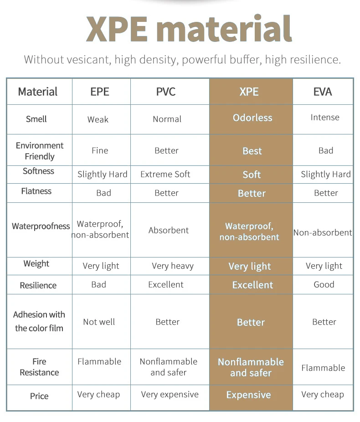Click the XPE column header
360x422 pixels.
pyautogui.click(x=249, y=92)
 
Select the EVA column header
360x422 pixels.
pyautogui.click(x=323, y=92)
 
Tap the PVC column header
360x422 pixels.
pyautogui.click(x=166, y=92)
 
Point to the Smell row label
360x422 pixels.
pyautogui.click(x=36, y=119)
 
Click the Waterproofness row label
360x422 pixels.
pyautogui.click(x=41, y=226)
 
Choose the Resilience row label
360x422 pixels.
pyautogui.click(x=38, y=285)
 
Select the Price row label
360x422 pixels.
pyautogui.click(x=39, y=396)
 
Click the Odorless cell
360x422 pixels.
pyautogui.click(x=252, y=118)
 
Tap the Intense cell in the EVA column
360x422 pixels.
pyautogui.click(x=325, y=117)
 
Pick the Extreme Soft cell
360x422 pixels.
pyautogui.click(x=165, y=174)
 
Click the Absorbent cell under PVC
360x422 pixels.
pyautogui.click(x=169, y=231)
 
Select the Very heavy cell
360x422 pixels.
pyautogui.click(x=173, y=266)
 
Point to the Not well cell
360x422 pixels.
pyautogui.click(x=99, y=322)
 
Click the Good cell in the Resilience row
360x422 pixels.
pyautogui.click(x=324, y=284)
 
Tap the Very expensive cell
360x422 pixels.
pyautogui.click(x=170, y=395)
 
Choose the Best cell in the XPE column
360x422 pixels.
pyautogui.click(x=252, y=151)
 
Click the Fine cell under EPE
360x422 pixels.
pyautogui.click(x=100, y=150)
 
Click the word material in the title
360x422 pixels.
pyautogui.click(x=224, y=29)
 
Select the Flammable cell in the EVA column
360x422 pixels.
pyautogui.click(x=323, y=368)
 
